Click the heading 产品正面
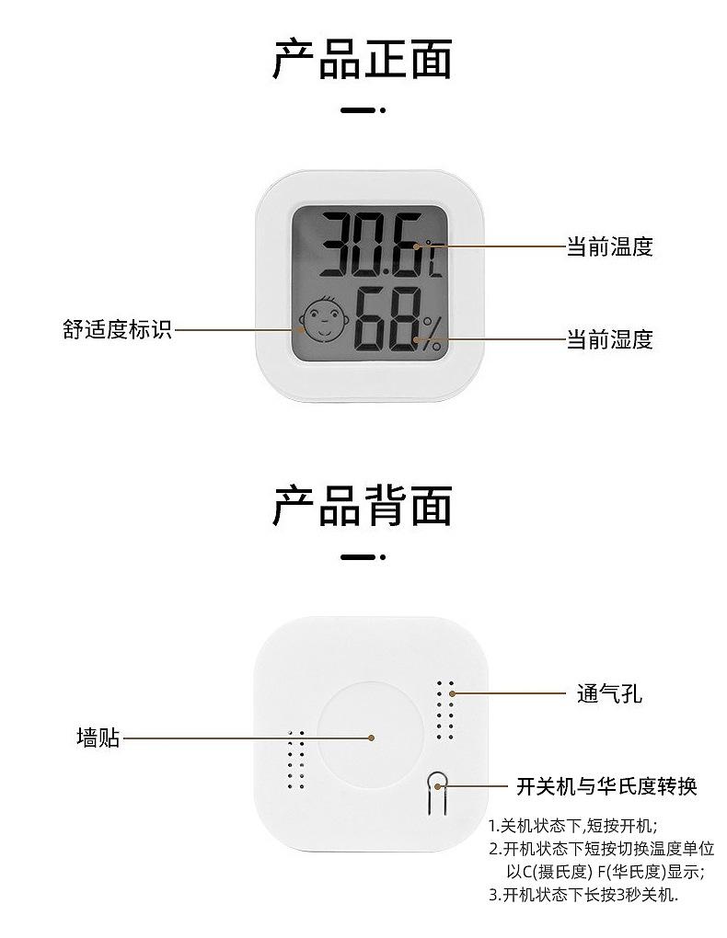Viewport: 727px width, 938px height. coord(363,60)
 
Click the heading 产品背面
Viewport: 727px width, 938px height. coord(363,507)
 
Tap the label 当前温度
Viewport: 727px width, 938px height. coord(609,246)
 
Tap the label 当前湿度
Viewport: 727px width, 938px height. coord(609,339)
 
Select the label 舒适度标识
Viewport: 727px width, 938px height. coord(117,329)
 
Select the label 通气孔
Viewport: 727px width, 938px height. coord(609,693)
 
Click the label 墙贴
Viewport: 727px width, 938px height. coord(98,738)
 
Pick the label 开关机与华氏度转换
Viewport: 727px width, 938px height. coord(606,786)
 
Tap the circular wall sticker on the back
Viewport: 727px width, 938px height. coord(371,736)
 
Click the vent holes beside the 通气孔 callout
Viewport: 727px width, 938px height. coord(445,710)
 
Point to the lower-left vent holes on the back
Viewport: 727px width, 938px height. coord(295,760)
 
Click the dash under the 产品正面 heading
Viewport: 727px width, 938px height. coord(363,110)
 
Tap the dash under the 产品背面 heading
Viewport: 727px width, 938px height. coord(363,557)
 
